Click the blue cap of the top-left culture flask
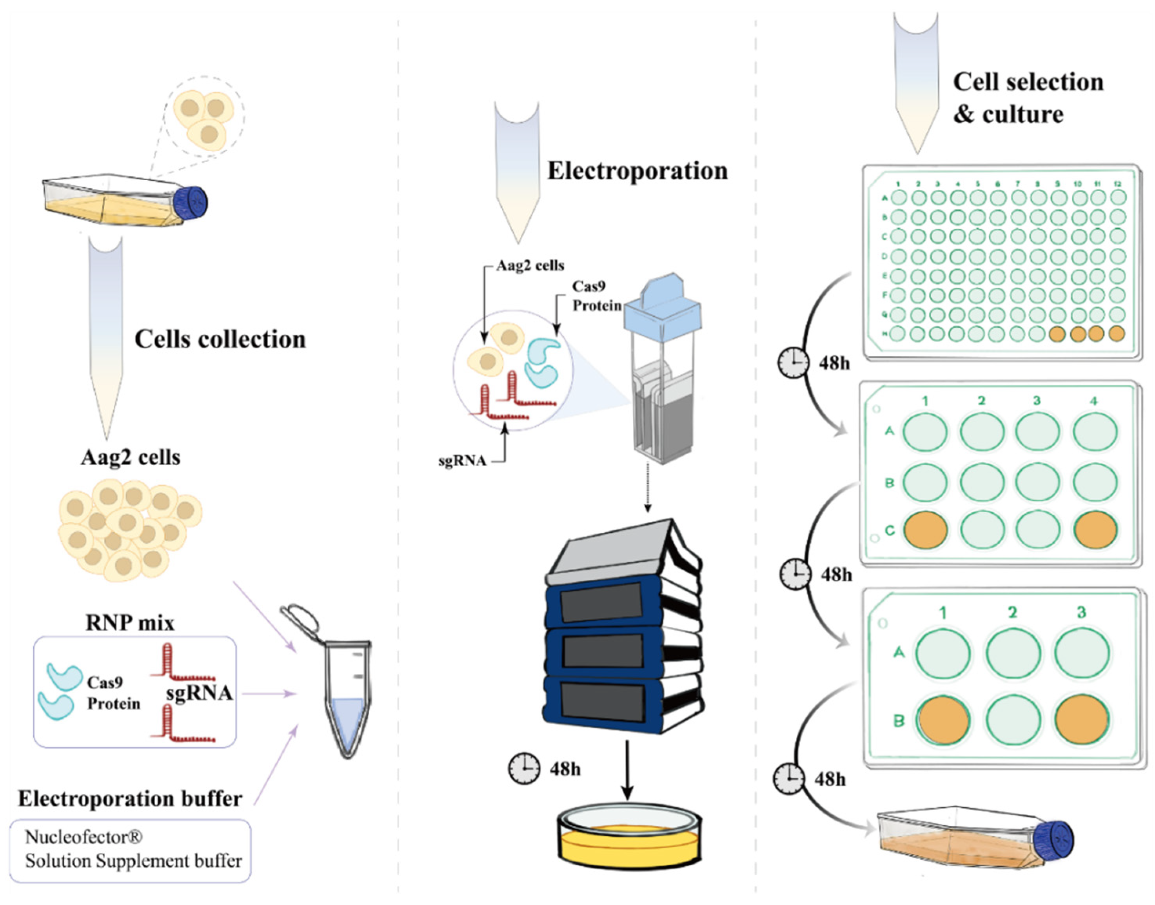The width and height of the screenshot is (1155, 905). pos(191,202)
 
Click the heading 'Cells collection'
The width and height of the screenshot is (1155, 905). pos(220,339)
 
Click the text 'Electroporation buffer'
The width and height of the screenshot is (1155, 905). pos(131,798)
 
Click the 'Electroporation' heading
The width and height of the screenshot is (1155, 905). pos(637,170)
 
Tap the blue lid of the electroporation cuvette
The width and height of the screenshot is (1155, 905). pos(663,307)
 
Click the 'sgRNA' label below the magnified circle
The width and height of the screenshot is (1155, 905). pos(462,461)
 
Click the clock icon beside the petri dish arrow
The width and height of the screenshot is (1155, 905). pos(524,769)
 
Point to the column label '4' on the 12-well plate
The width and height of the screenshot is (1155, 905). pos(1093,401)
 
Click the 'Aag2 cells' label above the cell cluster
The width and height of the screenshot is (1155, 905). pos(131,457)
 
